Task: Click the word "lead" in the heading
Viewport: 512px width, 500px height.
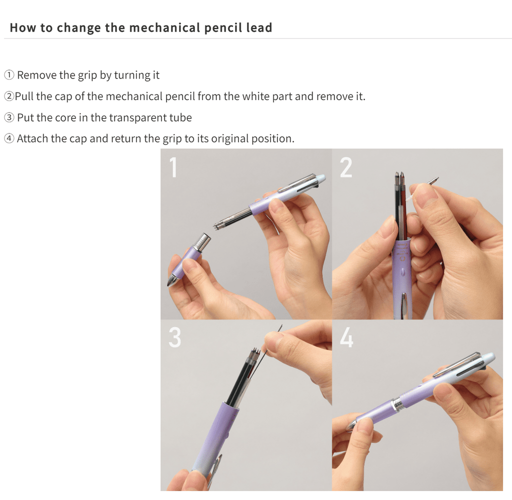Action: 259,27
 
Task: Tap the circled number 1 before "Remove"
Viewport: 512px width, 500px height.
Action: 9,75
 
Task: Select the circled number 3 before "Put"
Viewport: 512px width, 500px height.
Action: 9,118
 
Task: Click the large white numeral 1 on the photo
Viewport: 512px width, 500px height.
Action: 173,167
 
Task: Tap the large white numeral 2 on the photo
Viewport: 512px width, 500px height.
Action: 345,167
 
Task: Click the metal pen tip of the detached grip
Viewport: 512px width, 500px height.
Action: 171,280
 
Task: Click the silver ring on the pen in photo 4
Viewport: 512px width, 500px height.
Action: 397,404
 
